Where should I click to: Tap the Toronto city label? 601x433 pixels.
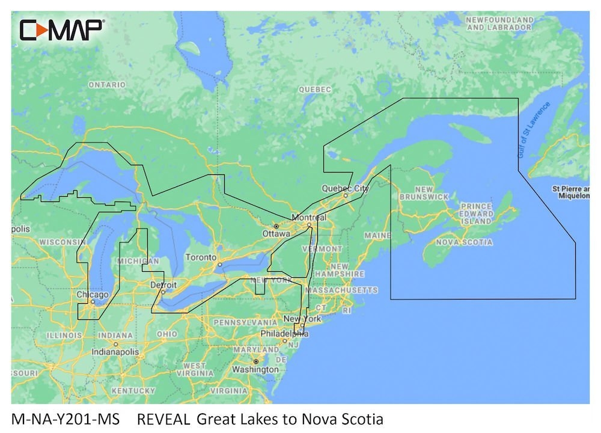(201, 257)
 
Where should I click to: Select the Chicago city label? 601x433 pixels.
(93, 295)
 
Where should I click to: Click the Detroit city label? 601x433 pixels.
(163, 284)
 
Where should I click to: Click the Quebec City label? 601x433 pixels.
(345, 188)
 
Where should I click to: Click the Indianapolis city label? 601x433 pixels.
(117, 351)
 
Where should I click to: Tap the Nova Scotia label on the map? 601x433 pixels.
(463, 242)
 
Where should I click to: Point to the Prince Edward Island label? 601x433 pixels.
(477, 214)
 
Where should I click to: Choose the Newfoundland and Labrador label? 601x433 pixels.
(499, 24)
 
